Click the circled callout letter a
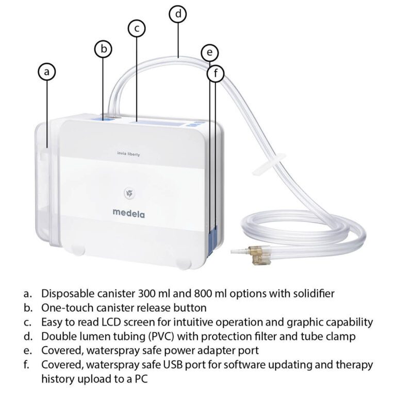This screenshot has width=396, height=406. pos(47,72)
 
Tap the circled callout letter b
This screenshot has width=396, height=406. pos(103,49)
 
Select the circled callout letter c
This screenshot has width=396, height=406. pos(137,29)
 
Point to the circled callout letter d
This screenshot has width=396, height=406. pos(178,14)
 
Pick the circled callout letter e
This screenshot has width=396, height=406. pos(209,53)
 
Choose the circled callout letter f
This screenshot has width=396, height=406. pos(216,74)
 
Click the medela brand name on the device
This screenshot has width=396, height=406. pos(128,212)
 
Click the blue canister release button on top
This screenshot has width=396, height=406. pos(105,118)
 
